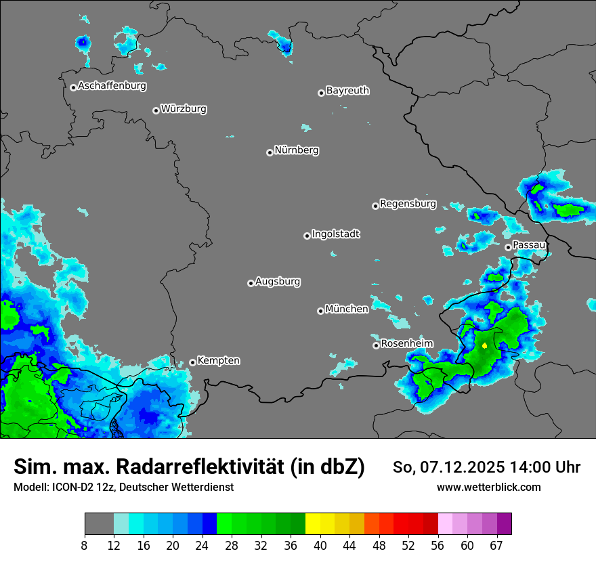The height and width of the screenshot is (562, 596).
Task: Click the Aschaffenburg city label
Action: pos(112,86)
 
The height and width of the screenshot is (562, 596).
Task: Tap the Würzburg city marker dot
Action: pos(156,110)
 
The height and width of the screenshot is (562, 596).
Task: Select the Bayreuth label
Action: pos(347,90)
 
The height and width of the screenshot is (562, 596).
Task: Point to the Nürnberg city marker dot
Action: pos(270,152)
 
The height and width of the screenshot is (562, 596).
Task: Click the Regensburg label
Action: pos(408,203)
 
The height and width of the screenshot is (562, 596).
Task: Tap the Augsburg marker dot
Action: pos(251,283)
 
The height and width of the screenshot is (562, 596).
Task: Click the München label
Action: pos(347,309)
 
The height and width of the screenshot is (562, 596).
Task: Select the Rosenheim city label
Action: pos(406,343)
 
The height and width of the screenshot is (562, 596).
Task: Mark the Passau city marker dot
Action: pos(508,247)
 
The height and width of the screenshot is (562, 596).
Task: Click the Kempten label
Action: pos(218,360)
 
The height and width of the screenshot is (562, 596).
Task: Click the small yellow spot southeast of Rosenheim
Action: pos(485,345)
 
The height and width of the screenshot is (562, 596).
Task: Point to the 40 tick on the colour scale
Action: pos(320,545)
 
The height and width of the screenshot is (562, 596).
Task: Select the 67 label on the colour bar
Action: pos(497,545)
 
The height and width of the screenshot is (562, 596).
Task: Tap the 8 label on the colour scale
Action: pos(85,545)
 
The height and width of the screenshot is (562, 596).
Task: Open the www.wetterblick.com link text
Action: pos(488,487)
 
